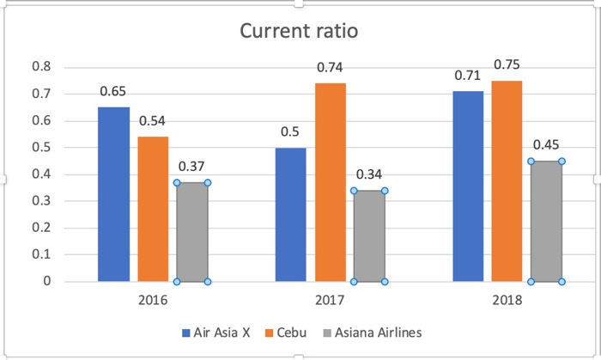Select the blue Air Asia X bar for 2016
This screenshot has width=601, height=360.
tap(113, 194)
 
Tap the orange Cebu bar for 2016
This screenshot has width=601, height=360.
tap(153, 209)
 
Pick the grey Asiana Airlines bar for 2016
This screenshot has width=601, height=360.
tap(192, 232)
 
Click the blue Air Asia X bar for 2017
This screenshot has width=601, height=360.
tap(290, 215)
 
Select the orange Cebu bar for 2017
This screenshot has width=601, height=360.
tap(331, 182)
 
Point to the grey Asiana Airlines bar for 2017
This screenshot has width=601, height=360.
tap(369, 236)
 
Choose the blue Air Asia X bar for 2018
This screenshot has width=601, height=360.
tap(468, 186)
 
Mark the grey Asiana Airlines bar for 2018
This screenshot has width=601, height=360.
tap(546, 222)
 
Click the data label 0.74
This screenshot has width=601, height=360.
tap(331, 67)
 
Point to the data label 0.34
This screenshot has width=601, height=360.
tap(369, 174)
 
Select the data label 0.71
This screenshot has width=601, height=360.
tap(468, 75)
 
